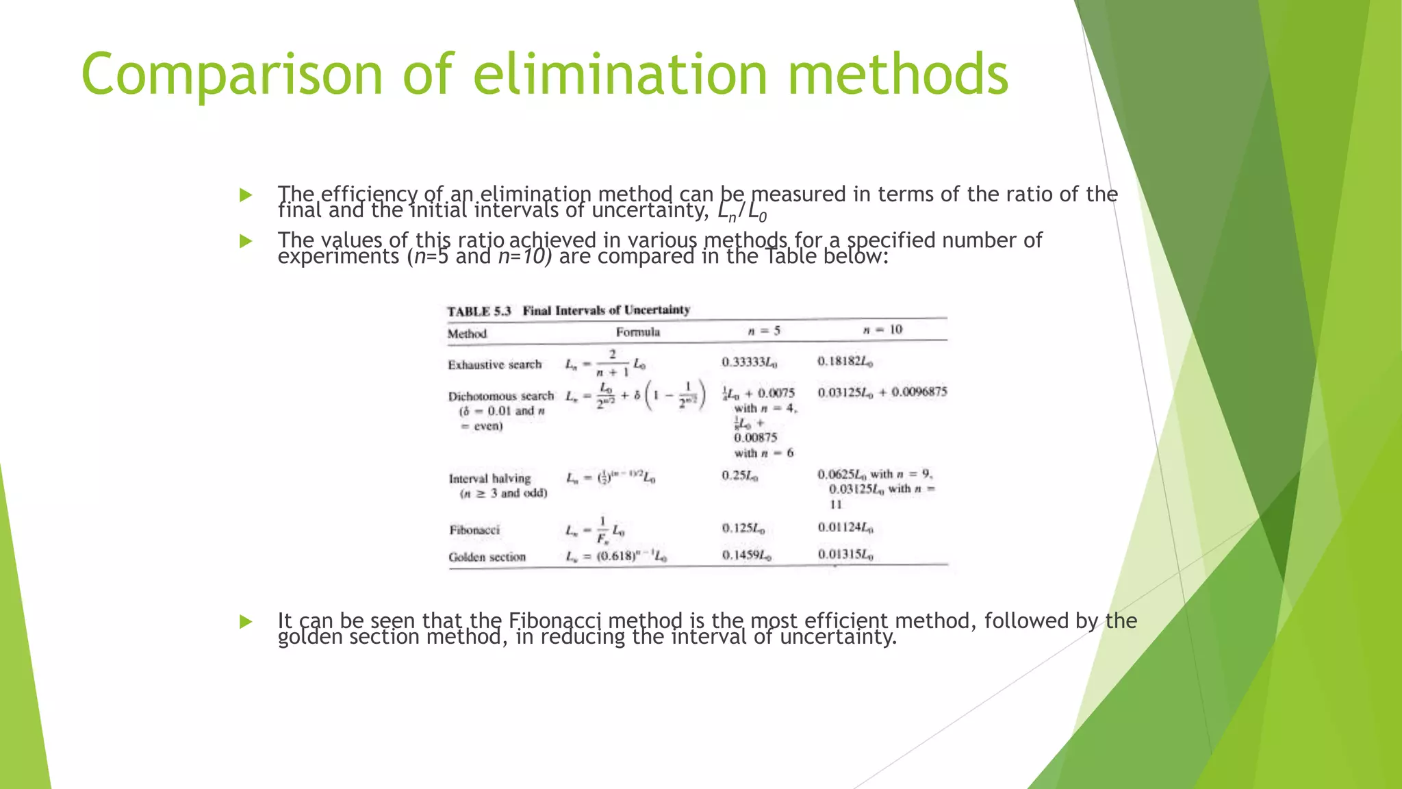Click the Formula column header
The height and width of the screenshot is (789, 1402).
coord(637,332)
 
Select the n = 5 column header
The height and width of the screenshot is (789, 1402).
coord(764,331)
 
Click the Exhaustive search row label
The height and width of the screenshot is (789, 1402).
coord(494,365)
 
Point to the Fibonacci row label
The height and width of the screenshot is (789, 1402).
coord(474,530)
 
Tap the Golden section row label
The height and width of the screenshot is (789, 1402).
coord(487,558)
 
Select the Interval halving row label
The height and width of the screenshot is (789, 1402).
coord(489,479)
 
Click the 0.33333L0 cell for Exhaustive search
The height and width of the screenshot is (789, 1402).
coord(749,362)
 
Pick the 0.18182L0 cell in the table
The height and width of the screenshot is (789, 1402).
coord(845,362)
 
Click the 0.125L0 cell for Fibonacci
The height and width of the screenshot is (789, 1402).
coord(743,529)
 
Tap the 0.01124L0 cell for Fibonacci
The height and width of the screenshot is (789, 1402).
coord(845,527)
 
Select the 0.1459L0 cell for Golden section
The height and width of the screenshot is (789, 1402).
coord(746,555)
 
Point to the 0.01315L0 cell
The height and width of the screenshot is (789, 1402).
coord(845,555)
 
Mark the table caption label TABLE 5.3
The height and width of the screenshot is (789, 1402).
coord(479,312)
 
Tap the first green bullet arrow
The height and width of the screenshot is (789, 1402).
coord(246,196)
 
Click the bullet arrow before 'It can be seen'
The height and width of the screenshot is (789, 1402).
coord(246,622)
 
